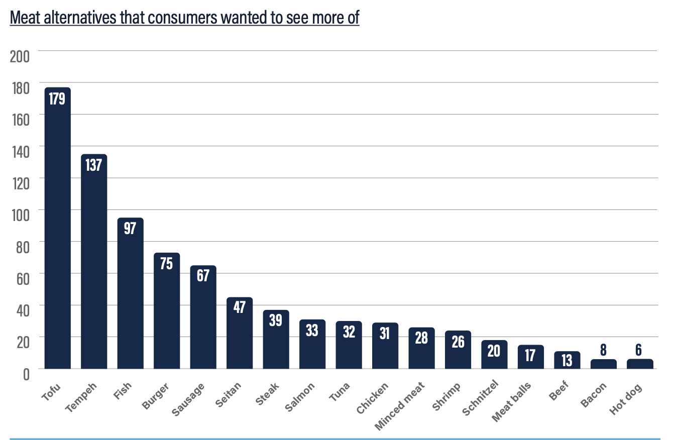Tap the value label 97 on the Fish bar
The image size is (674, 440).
click(130, 228)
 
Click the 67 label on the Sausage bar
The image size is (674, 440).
click(203, 276)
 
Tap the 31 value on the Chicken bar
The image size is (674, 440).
click(385, 333)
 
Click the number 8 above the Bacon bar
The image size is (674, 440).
click(603, 351)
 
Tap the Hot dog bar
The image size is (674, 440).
click(640, 364)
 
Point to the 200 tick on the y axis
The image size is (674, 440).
click(20, 56)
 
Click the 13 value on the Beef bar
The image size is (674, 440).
click(567, 360)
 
